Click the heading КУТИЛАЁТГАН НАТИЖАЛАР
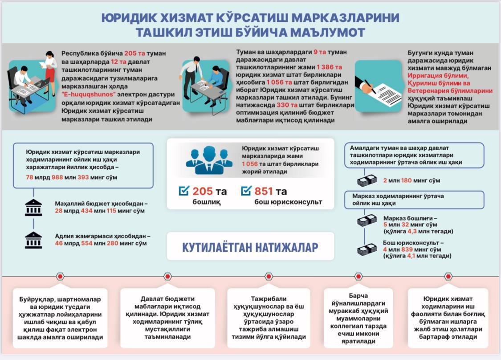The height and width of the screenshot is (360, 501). click(x=250, y=247)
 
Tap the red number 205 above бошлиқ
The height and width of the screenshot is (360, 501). click(x=203, y=192)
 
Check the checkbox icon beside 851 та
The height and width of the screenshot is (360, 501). click(x=246, y=191)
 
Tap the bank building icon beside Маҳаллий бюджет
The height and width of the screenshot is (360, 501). click(x=33, y=208)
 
